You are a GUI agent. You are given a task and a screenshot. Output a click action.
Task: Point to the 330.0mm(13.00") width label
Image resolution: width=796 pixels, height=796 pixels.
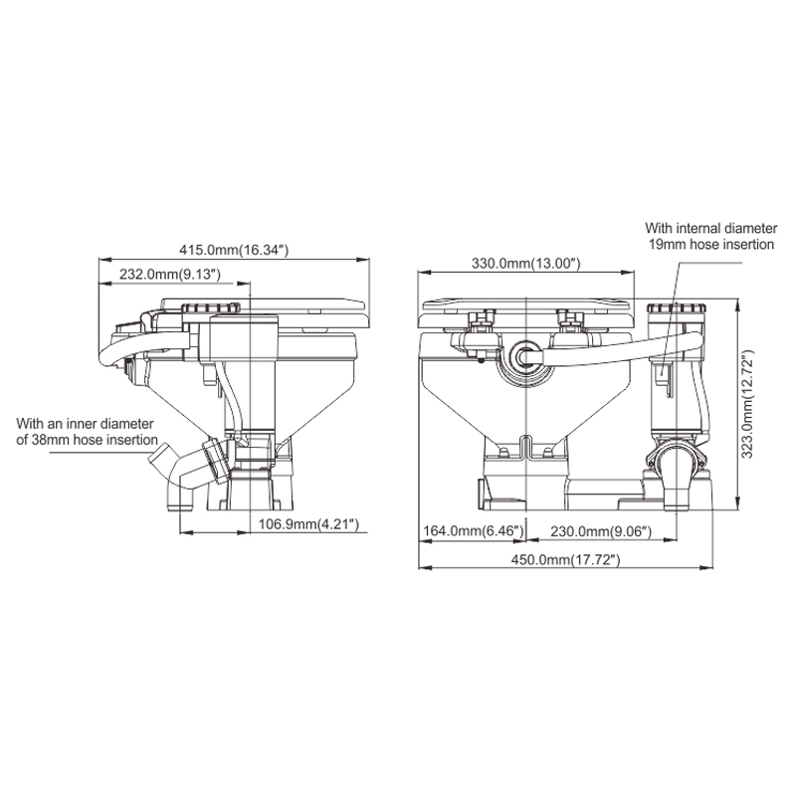click(x=525, y=263)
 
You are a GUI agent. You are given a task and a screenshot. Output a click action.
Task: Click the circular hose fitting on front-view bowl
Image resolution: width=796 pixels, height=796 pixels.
click(x=524, y=357)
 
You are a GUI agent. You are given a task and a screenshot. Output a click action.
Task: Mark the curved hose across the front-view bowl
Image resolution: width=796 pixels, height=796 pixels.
click(x=597, y=347)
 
